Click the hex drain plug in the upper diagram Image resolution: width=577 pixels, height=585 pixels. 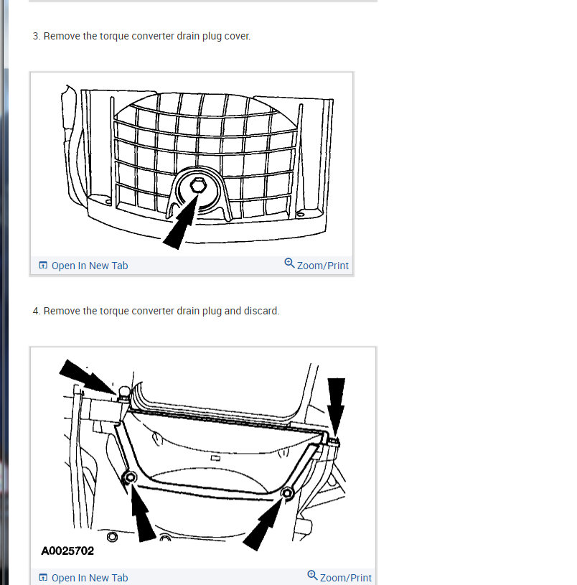[x=197, y=187]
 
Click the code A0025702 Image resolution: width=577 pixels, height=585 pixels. [x=67, y=551]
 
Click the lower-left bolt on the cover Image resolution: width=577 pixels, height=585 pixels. [x=130, y=478]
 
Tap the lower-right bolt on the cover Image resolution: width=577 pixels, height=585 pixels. [x=288, y=492]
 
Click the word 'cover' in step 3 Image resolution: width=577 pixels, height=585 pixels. [x=237, y=36]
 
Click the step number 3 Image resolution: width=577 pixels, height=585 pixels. [x=36, y=36]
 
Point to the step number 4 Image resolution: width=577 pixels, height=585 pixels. [x=36, y=312]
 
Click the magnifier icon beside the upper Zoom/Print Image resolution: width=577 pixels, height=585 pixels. [x=289, y=263]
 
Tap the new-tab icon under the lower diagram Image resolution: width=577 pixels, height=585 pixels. [x=43, y=578]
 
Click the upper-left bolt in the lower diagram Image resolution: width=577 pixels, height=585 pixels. [x=124, y=393]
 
